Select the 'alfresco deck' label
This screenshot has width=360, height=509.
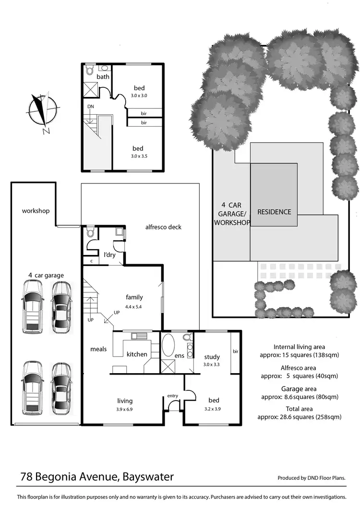[x=163, y=227]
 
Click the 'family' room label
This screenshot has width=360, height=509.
[x=134, y=297]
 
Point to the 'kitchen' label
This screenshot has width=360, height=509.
[x=137, y=354]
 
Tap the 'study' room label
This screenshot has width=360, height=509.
[x=212, y=357]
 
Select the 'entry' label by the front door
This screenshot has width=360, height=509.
[x=173, y=396]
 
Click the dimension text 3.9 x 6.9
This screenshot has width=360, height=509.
[x=125, y=409]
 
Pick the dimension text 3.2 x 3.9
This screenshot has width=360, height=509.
[x=213, y=409]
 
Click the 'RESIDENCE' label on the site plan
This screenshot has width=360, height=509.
[x=274, y=212]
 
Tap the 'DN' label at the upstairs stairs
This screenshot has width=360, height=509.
[x=91, y=106]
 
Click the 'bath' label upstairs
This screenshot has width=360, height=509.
[x=103, y=77]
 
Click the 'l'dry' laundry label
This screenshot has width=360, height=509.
[x=110, y=254]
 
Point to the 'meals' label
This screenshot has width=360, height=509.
[x=98, y=349]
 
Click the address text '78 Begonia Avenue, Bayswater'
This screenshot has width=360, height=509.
[x=97, y=477]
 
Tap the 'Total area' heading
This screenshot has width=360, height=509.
[x=299, y=409]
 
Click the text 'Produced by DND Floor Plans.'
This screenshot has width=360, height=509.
[x=312, y=478]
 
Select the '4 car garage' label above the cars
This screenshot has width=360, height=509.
[x=46, y=275]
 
